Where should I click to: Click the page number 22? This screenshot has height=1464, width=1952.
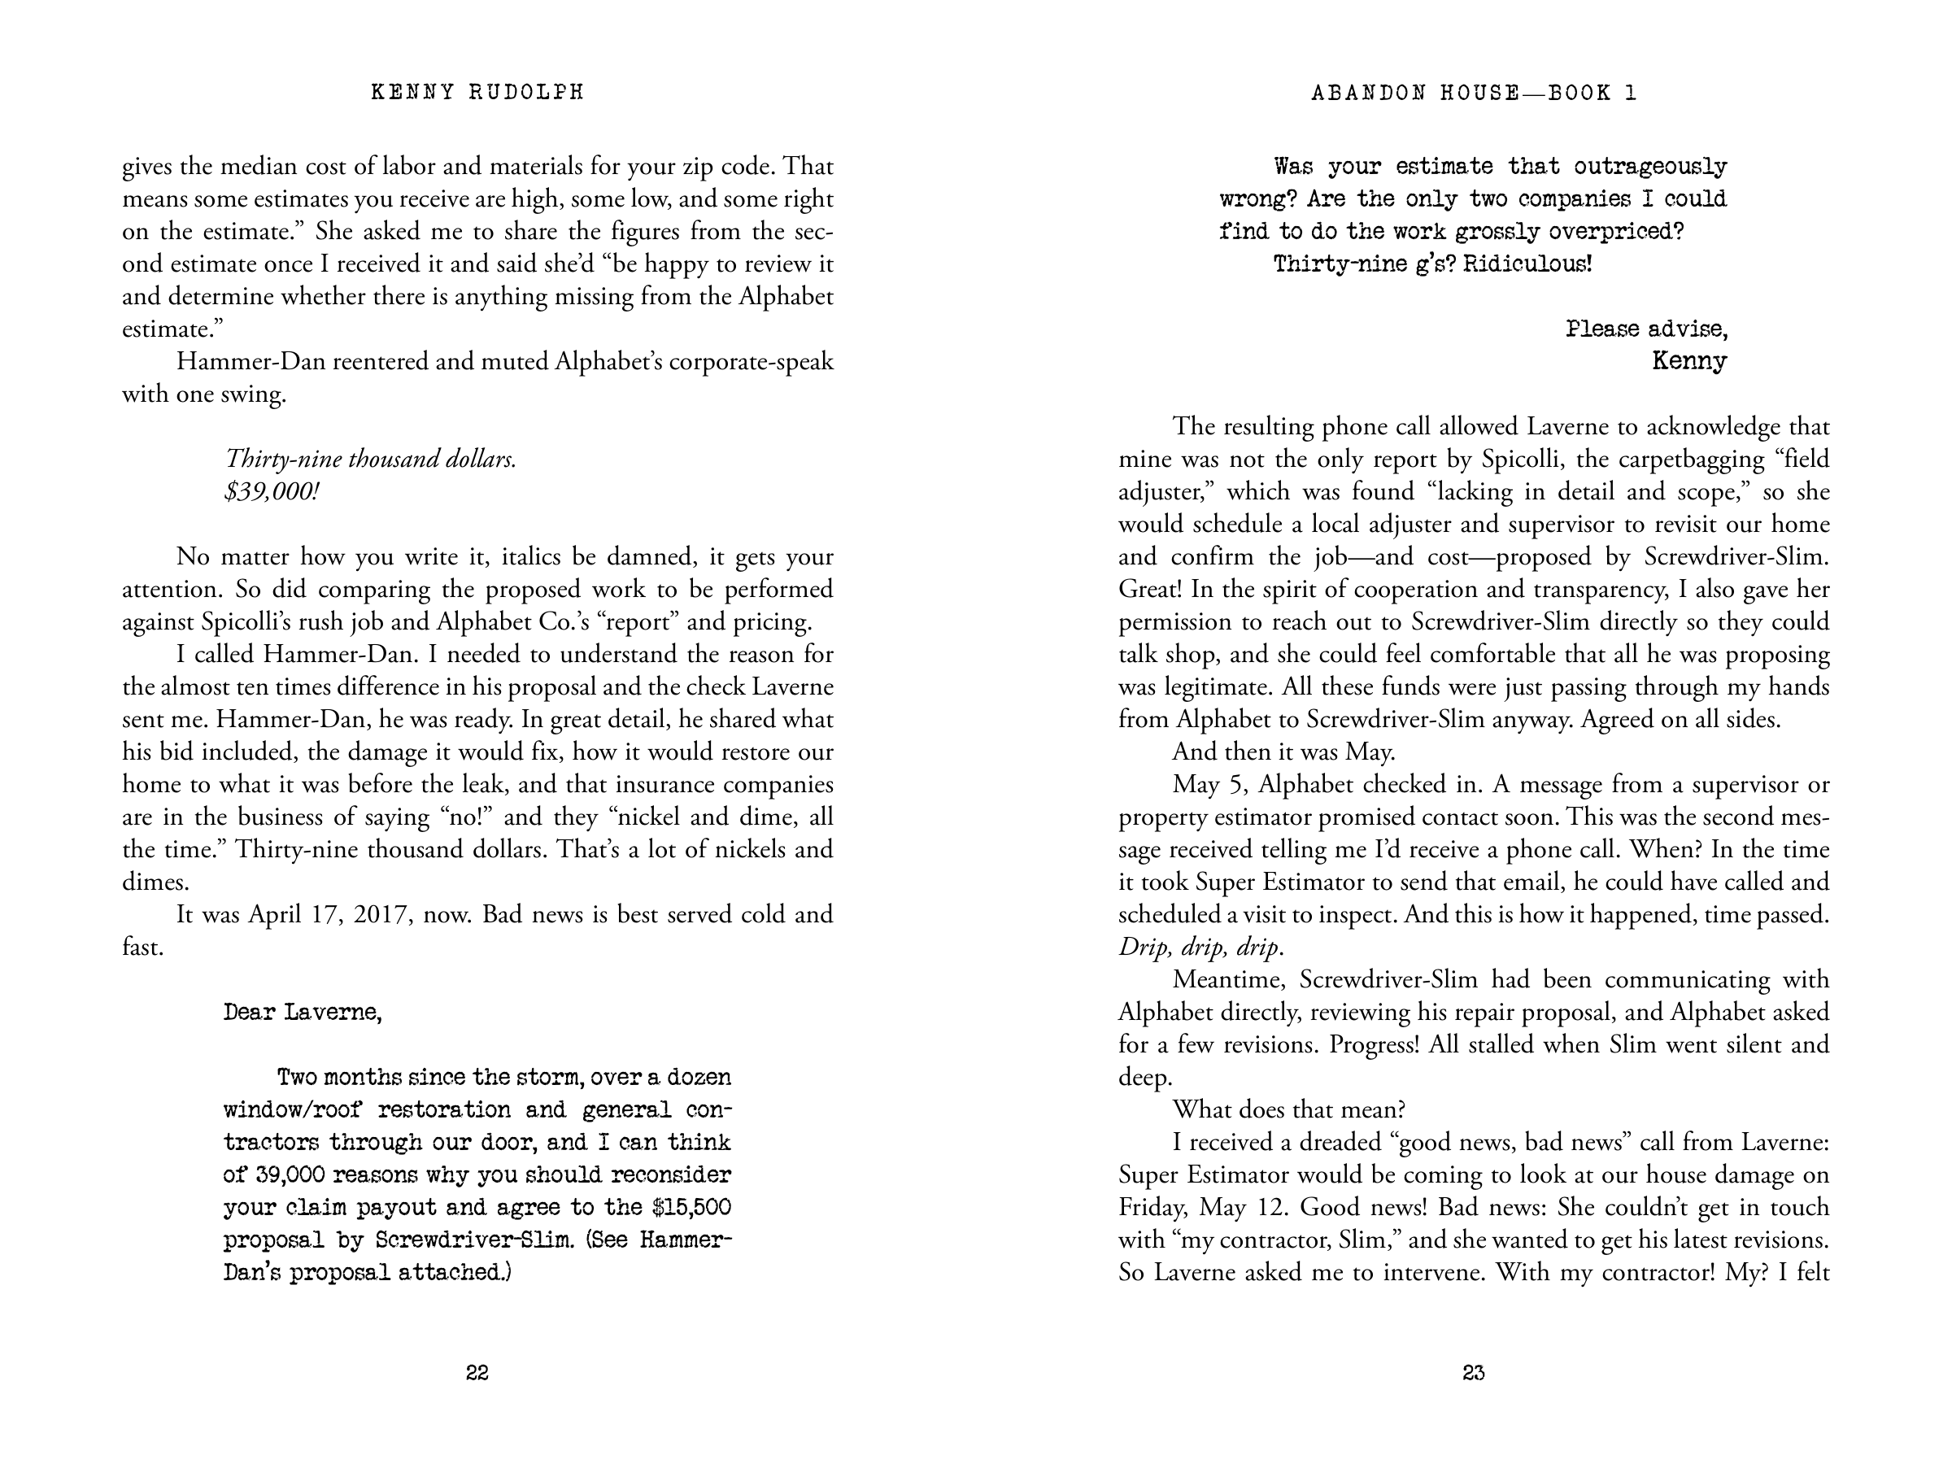pos(477,1372)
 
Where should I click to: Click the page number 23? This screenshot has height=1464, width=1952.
pos(1474,1372)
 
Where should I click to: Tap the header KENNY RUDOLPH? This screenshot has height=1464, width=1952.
pos(477,93)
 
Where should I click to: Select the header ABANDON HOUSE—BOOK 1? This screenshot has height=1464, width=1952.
pos(1474,93)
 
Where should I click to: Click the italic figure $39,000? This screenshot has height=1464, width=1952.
pos(272,491)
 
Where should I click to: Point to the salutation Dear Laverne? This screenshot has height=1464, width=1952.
pos(303,1012)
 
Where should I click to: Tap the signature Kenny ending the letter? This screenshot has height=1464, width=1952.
pos(1689,361)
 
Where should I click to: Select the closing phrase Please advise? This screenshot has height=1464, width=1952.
pos(1647,329)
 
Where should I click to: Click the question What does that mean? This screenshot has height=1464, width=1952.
pos(1288,1109)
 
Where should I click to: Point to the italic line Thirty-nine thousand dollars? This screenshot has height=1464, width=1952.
pos(371,459)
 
